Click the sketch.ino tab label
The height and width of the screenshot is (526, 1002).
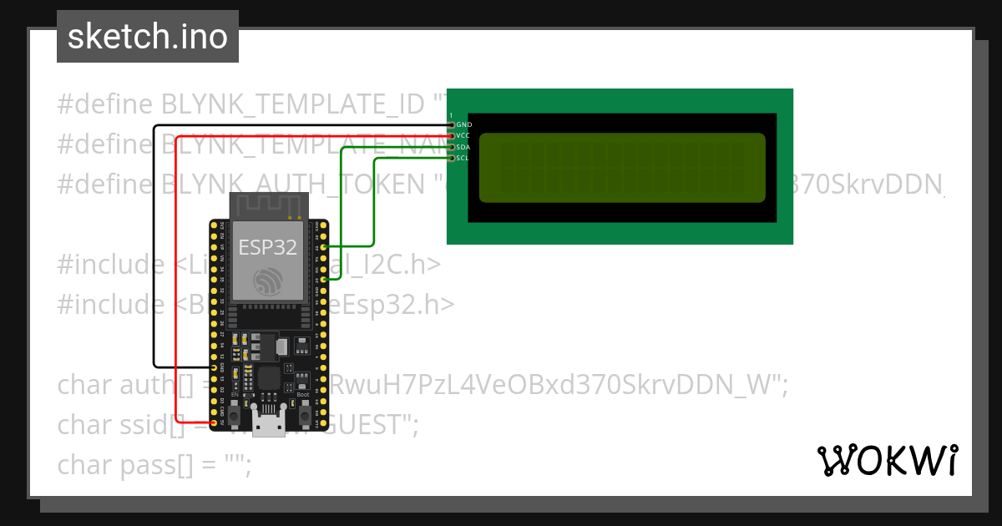tap(148, 37)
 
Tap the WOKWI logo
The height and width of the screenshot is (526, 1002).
tap(887, 460)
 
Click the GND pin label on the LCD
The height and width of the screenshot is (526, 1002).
tap(464, 124)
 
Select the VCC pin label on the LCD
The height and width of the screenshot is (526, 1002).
tap(464, 135)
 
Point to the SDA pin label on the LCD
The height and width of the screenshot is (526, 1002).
tap(464, 147)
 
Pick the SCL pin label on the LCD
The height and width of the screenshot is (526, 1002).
tap(464, 158)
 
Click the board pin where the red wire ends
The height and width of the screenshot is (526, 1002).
tap(215, 424)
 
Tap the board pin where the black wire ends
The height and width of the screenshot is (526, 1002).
tap(215, 367)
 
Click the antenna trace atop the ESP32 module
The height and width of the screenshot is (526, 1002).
tap(267, 205)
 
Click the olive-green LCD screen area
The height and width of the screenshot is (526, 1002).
tap(622, 167)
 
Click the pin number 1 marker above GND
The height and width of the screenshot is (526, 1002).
tap(451, 114)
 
